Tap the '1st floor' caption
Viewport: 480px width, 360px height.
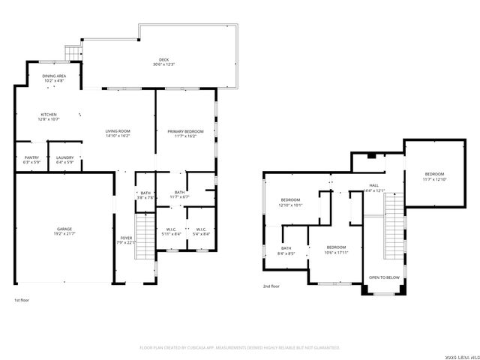[22, 300]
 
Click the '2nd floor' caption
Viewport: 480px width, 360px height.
[271, 286]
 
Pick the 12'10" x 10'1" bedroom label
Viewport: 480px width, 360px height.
[290, 202]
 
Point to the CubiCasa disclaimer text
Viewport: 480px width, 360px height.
[240, 347]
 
